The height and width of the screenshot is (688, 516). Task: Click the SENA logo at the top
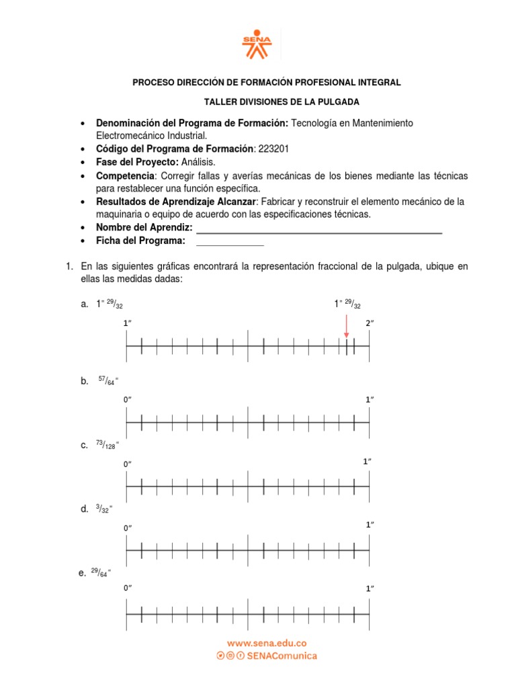point(257,43)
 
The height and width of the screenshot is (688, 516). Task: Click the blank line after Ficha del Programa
point(230,241)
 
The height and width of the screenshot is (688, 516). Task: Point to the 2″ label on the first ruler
point(370,323)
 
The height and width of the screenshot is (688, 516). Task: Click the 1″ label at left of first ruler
point(127,323)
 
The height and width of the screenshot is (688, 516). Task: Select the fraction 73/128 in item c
point(107,445)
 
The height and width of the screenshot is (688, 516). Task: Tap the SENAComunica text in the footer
point(282,656)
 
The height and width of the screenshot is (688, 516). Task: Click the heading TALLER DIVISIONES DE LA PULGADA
point(282,102)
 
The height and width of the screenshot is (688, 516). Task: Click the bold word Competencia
point(126,175)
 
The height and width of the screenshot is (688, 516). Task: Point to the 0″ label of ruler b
point(127,400)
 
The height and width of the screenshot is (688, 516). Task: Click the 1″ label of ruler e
point(370,589)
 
